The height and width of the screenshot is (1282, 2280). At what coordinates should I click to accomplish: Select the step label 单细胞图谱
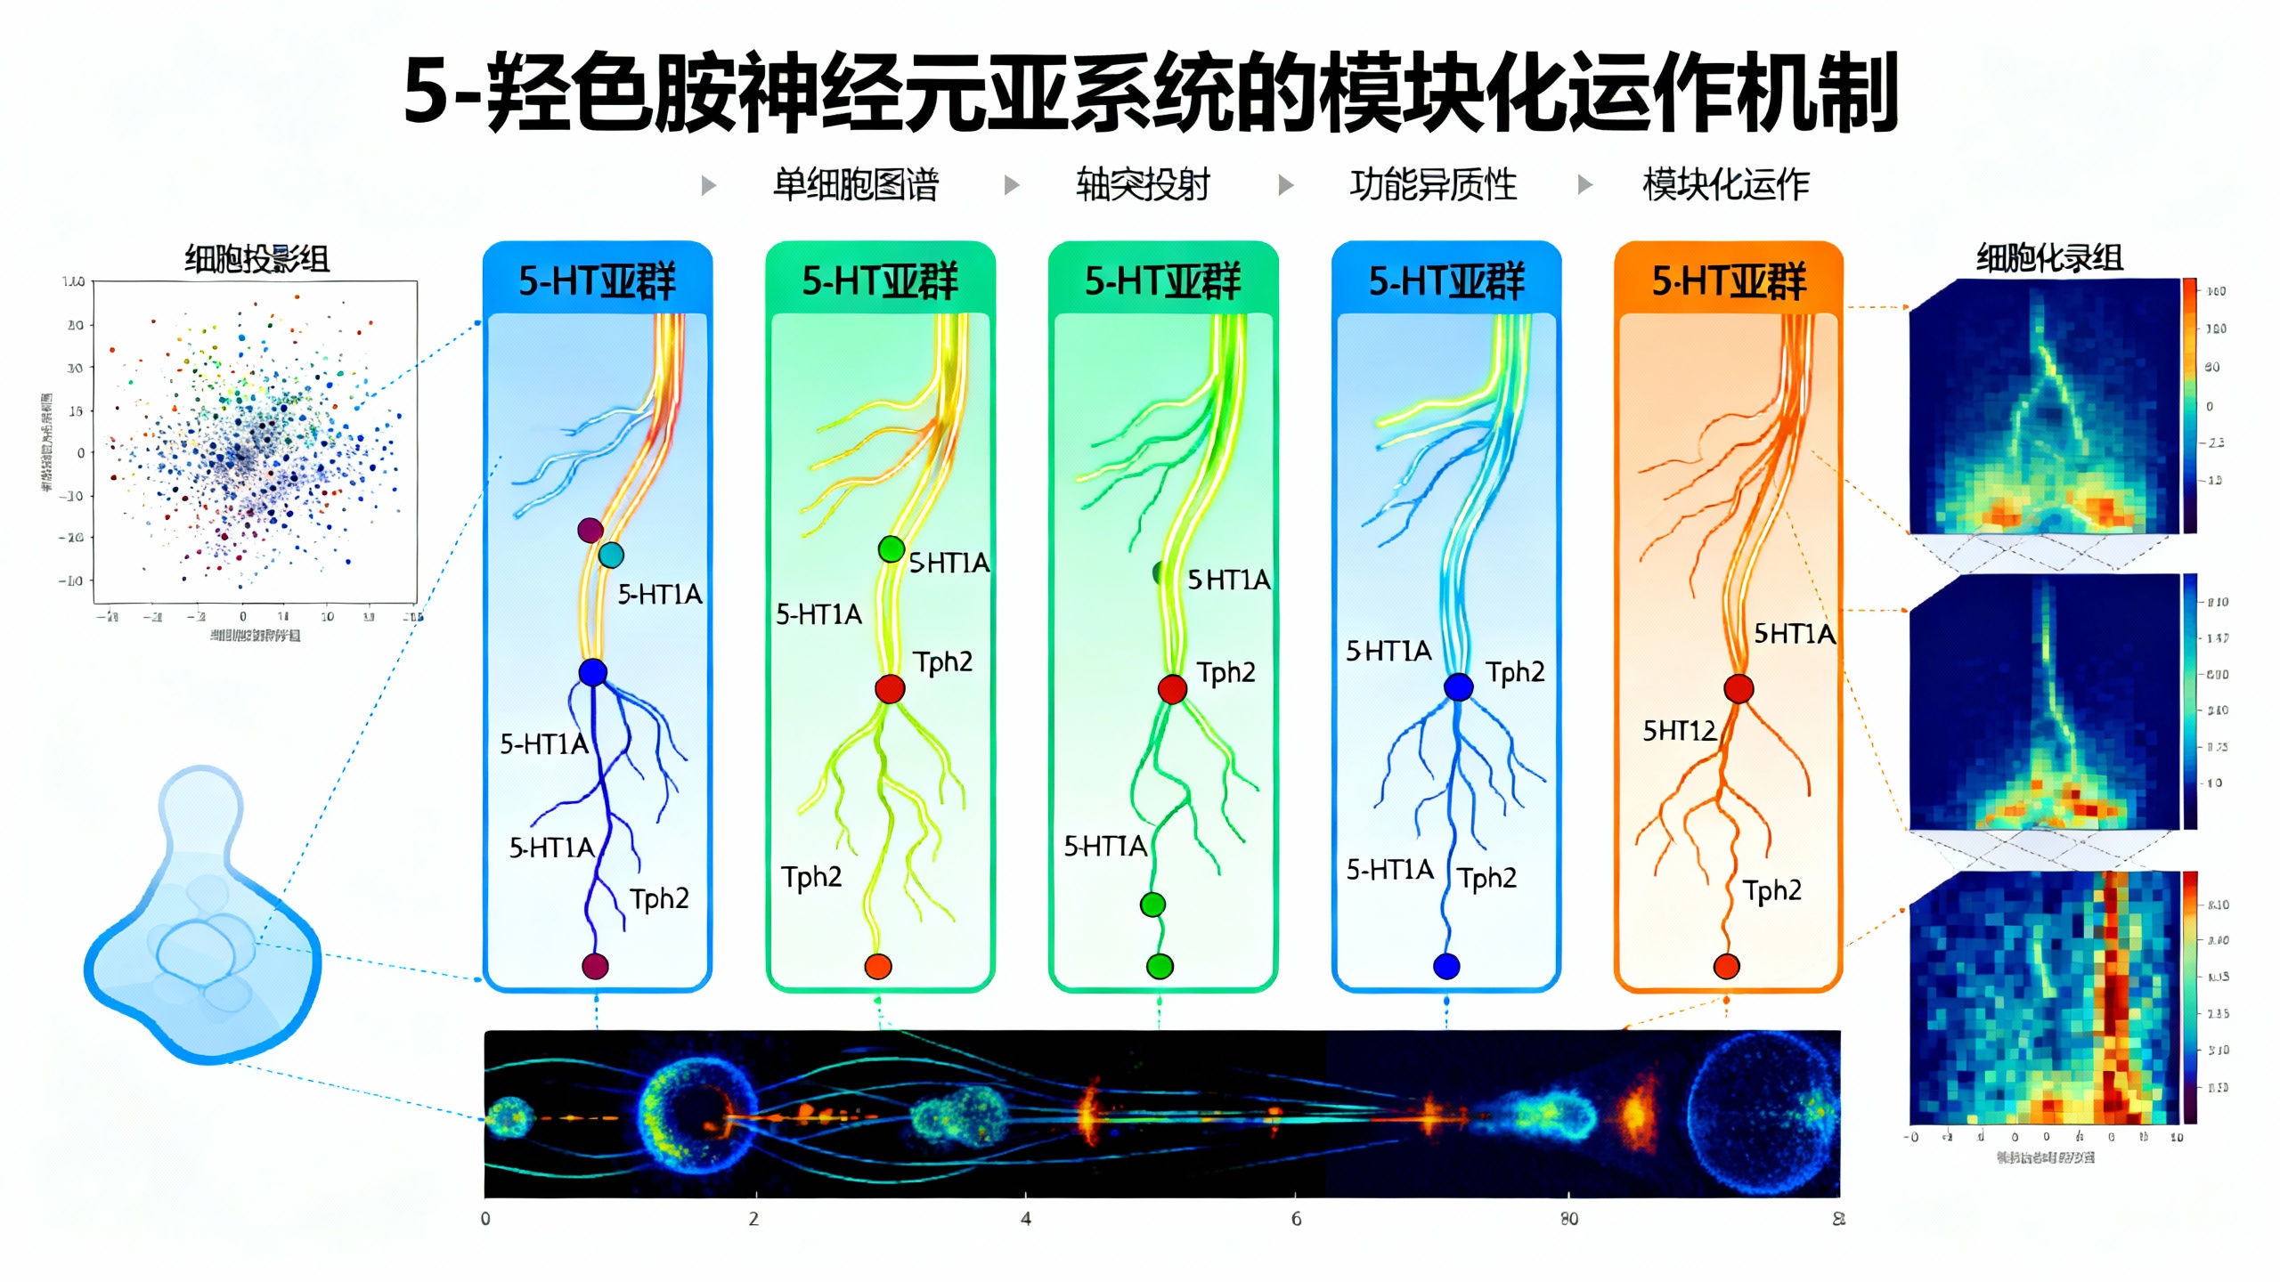click(x=855, y=185)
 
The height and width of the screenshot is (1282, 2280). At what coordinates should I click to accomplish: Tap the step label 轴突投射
click(x=1143, y=185)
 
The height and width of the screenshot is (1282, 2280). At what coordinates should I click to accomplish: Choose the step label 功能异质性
click(x=1433, y=185)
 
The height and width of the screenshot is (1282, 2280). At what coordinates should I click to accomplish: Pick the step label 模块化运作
click(x=1725, y=185)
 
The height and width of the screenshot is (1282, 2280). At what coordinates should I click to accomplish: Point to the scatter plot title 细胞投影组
click(x=256, y=259)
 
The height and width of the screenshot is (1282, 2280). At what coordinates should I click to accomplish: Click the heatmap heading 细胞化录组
click(x=2049, y=258)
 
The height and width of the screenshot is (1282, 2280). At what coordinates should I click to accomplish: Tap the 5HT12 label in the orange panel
click(x=1679, y=731)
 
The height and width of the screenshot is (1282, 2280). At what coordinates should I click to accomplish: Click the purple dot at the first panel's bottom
click(x=595, y=966)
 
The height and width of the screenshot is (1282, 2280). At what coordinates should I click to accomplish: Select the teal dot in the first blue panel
click(x=611, y=556)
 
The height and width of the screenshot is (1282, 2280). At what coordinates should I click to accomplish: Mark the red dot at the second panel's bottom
click(x=878, y=967)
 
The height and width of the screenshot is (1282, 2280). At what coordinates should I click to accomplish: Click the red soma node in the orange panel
click(x=1738, y=688)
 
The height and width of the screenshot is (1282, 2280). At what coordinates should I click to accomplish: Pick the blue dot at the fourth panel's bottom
click(x=1446, y=966)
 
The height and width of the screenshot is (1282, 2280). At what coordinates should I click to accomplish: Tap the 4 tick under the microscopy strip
click(x=1026, y=1219)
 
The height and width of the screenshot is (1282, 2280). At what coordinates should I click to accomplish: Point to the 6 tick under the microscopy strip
click(x=1297, y=1219)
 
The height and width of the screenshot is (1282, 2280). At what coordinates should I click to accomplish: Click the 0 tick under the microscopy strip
click(x=485, y=1219)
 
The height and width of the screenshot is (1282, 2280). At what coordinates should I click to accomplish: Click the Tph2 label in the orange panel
click(x=1772, y=890)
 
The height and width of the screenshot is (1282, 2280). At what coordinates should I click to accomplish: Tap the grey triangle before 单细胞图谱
click(x=709, y=185)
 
